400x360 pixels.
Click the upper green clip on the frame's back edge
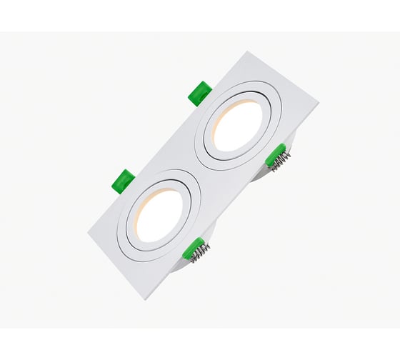point(200,93)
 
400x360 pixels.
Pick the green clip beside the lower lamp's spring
point(191,247)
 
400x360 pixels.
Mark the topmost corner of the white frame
point(248,52)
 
